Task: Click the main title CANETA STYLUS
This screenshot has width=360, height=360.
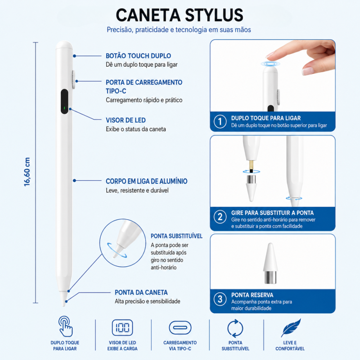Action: pyautogui.click(x=180, y=15)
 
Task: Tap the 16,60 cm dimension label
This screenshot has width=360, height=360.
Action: pyautogui.click(x=27, y=172)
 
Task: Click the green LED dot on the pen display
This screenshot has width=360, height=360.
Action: pyautogui.click(x=64, y=108)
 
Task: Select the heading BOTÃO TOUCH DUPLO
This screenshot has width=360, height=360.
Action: pyautogui.click(x=138, y=56)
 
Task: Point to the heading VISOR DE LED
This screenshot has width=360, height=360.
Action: pyautogui.click(x=126, y=120)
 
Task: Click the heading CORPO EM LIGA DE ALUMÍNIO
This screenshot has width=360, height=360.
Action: pyautogui.click(x=147, y=181)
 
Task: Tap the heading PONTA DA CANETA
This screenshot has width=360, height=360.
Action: pyautogui.click(x=141, y=292)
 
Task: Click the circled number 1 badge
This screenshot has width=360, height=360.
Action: pyautogui.click(x=220, y=121)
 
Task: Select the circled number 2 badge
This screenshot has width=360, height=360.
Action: pyautogui.click(x=220, y=217)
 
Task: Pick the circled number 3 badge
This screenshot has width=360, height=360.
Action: pyautogui.click(x=220, y=299)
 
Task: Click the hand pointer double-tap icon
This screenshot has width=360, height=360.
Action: pyautogui.click(x=65, y=327)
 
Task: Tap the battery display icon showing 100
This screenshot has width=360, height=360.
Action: pyautogui.click(x=122, y=328)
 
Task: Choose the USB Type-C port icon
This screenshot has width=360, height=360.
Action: pyautogui.click(x=180, y=328)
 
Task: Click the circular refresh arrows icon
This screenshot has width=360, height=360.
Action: pyautogui.click(x=235, y=328)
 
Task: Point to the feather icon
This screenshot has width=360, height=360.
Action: pyautogui.click(x=291, y=328)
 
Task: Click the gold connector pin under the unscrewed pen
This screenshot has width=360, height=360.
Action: pyautogui.click(x=251, y=166)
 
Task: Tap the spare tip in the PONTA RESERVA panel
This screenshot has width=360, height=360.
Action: pyautogui.click(x=270, y=263)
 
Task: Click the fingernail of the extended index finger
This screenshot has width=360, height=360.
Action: pyautogui.click(x=270, y=55)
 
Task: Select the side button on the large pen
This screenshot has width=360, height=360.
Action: pyautogui.click(x=73, y=80)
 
